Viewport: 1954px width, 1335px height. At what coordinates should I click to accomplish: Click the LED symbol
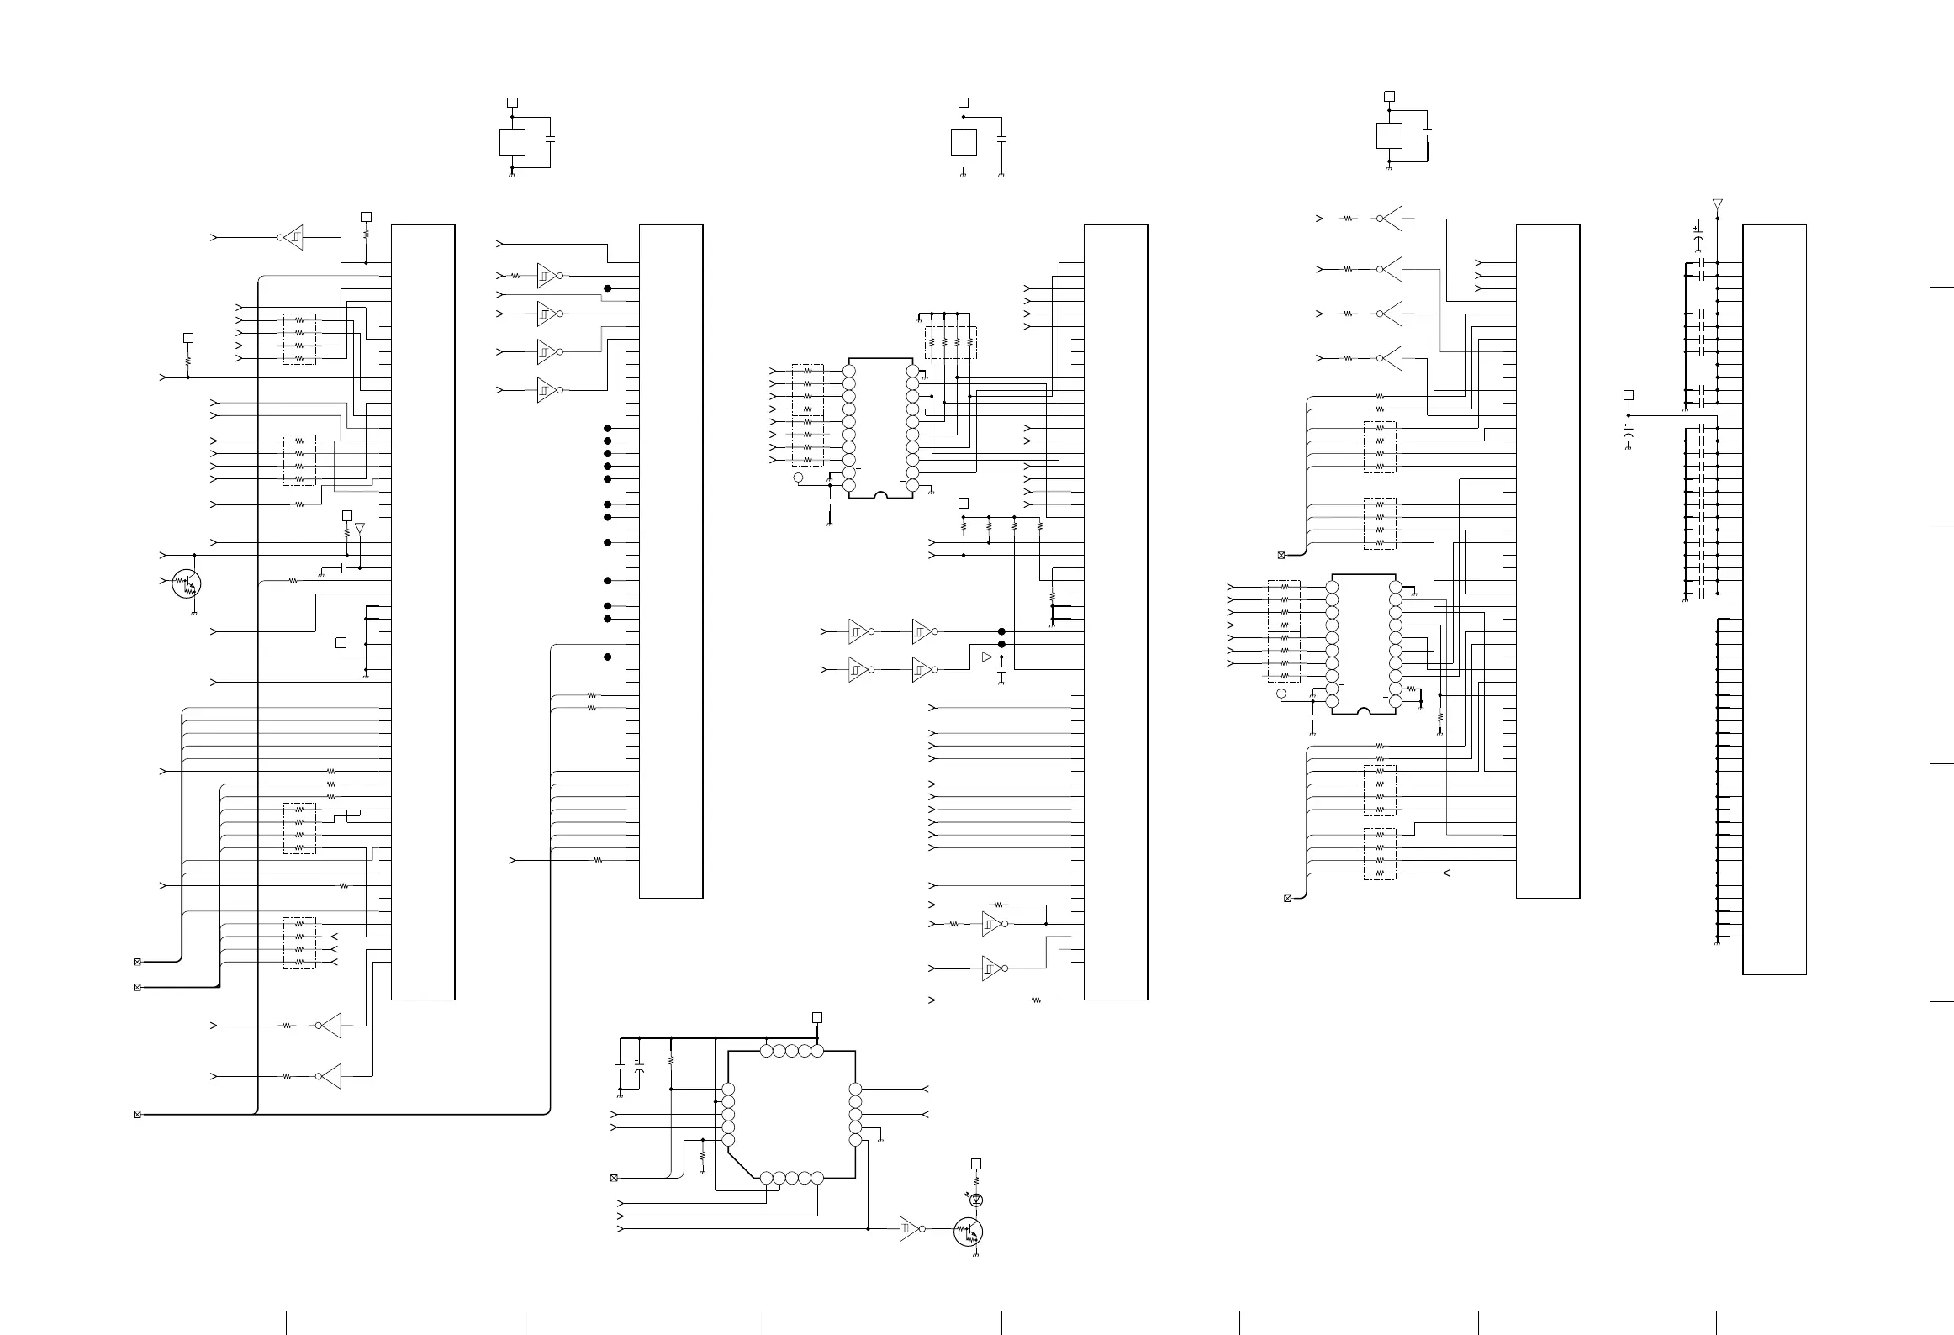[976, 1200]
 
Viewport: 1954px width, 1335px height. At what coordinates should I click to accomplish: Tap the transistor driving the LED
[968, 1232]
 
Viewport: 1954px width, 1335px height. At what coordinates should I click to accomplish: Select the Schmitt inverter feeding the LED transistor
[909, 1228]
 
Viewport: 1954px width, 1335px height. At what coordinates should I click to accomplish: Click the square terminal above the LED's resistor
[976, 1164]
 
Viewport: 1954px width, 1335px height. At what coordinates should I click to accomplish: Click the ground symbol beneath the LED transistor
[976, 1253]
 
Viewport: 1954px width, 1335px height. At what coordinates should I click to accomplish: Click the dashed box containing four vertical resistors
[951, 343]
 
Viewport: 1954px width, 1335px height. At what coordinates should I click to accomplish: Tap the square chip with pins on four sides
[790, 1114]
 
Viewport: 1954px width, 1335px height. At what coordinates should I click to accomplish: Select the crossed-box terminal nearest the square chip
[614, 1177]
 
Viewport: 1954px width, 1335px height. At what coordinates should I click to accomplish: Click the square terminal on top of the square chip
[816, 1018]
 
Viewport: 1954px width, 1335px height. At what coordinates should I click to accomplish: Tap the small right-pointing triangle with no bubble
[987, 657]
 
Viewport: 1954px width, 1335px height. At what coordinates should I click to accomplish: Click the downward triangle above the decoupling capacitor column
[1717, 204]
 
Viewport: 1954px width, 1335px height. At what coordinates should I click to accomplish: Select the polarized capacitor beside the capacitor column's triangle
[1698, 241]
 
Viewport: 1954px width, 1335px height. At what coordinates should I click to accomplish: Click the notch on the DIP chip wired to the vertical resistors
[880, 495]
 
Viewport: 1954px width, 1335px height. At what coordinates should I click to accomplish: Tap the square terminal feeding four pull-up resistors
[964, 503]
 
